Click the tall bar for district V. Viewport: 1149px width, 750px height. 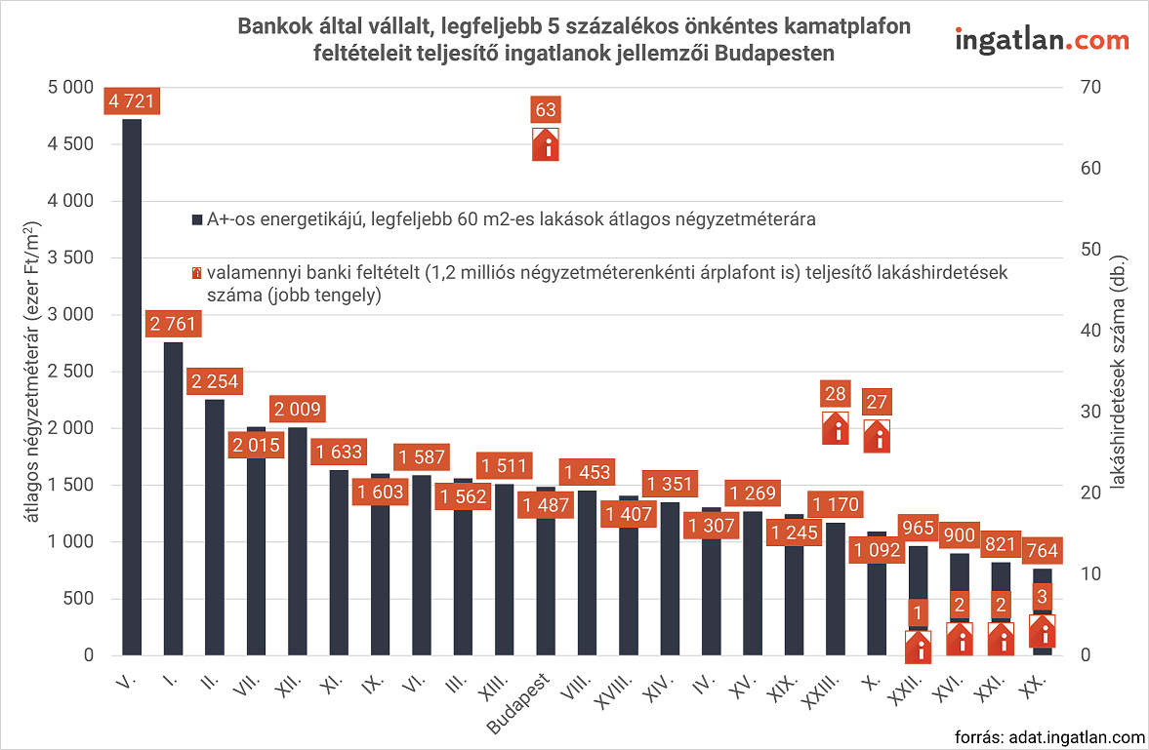point(132,390)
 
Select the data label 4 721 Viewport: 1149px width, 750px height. point(132,100)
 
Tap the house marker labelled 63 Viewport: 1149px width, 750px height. point(546,144)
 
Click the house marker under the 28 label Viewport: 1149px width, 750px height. point(836,428)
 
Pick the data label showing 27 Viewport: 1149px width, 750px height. point(877,402)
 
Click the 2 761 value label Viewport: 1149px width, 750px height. point(173,325)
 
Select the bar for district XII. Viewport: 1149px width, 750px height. point(297,546)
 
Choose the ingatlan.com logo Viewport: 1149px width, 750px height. point(1041,41)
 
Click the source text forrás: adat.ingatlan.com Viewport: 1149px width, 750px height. point(1049,736)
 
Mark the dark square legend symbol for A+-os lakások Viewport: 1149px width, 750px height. point(196,219)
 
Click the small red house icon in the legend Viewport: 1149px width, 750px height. point(196,274)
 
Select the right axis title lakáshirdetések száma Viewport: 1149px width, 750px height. point(1120,371)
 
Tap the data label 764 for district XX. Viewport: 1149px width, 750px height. point(1043,551)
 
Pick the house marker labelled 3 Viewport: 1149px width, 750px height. point(1043,630)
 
